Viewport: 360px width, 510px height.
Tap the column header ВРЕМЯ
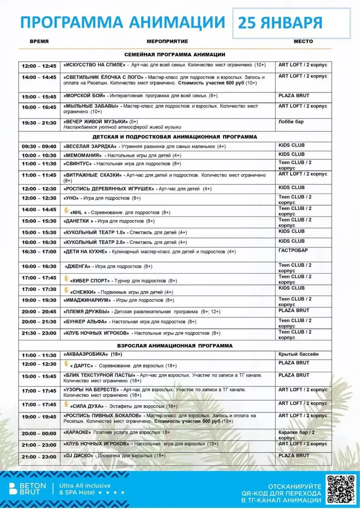[39, 41]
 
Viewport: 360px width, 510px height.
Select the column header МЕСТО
[303, 41]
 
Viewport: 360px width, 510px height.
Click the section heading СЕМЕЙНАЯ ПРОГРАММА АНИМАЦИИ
[175, 55]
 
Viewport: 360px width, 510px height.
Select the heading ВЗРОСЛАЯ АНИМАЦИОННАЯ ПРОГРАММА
[175, 345]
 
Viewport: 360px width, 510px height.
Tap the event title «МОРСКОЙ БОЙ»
[84, 96]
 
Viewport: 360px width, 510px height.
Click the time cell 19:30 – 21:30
[39, 123]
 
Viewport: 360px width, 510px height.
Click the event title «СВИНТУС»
[78, 164]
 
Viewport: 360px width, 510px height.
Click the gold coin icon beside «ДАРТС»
[67, 363]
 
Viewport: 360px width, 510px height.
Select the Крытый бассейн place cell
[299, 354]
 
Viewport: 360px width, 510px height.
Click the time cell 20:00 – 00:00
[39, 433]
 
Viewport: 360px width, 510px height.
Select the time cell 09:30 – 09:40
[39, 147]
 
